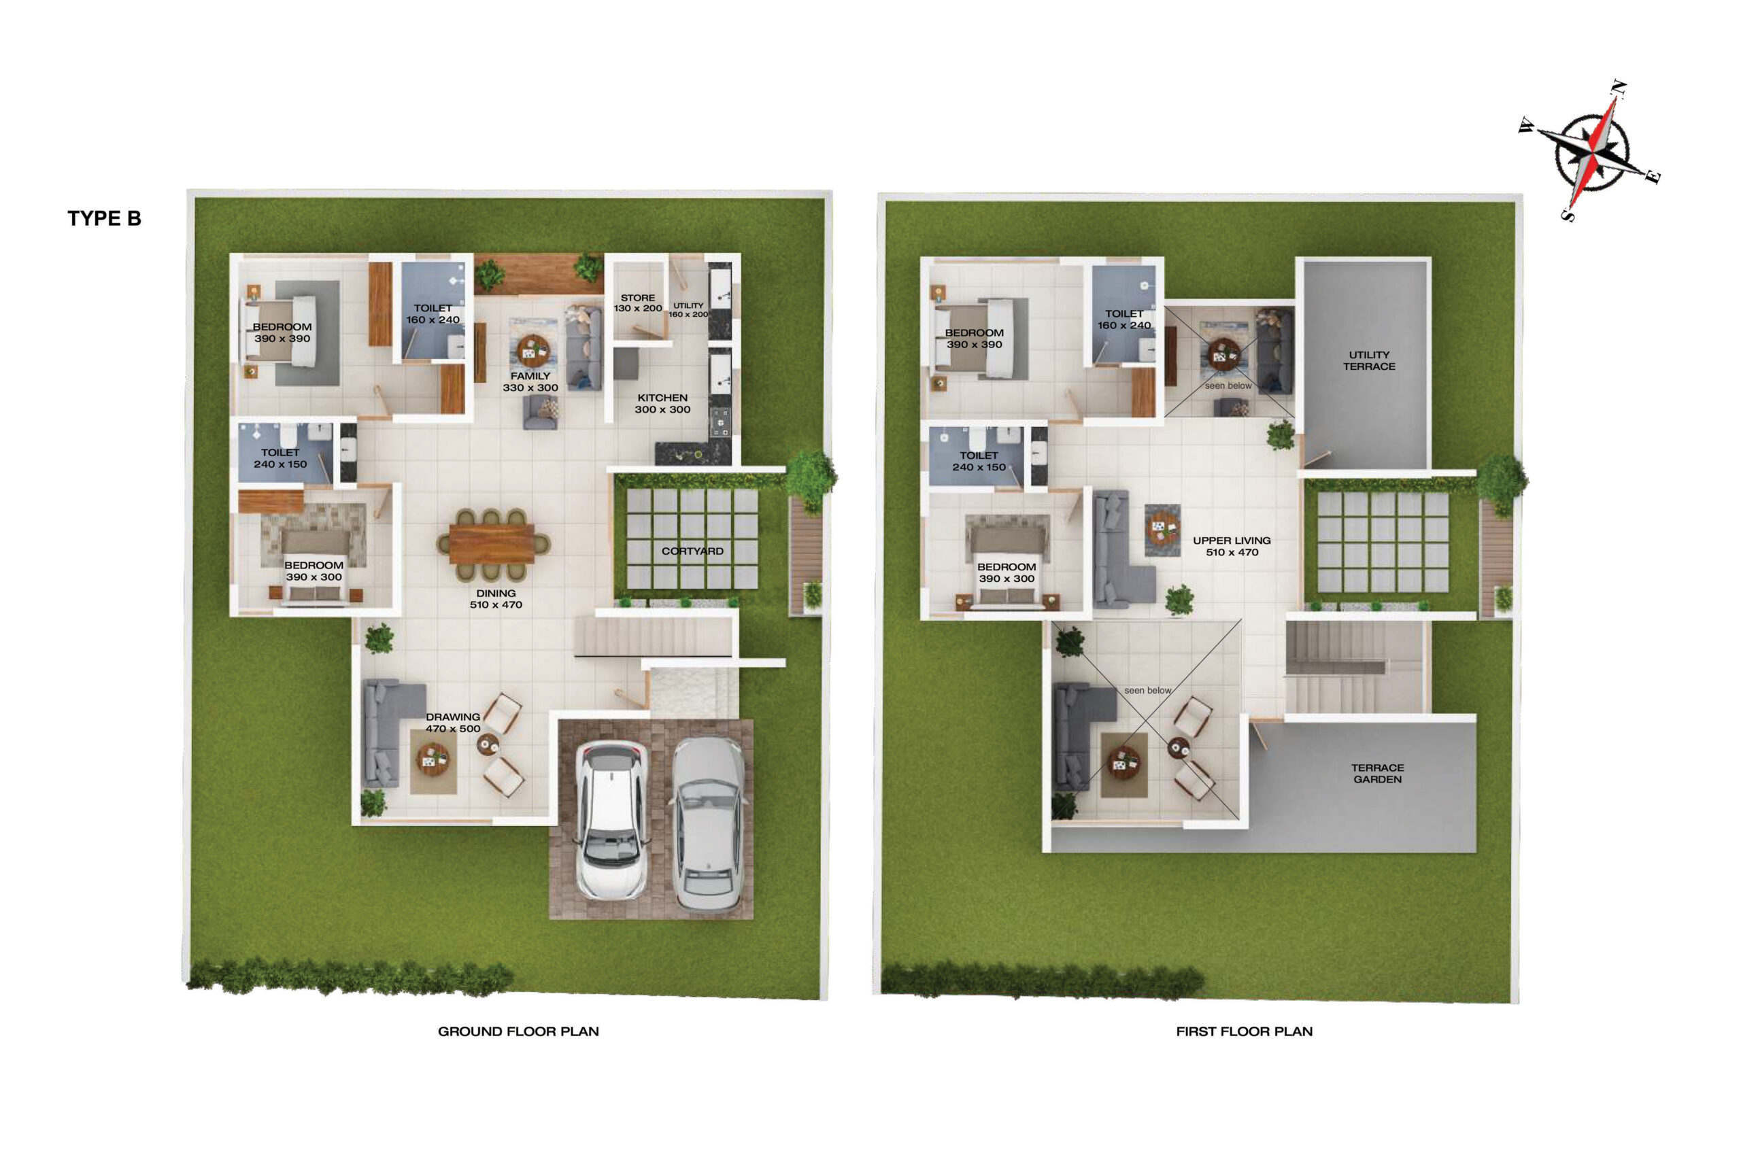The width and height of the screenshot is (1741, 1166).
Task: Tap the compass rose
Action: [1591, 152]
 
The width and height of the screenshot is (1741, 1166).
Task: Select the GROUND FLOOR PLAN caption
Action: [518, 1031]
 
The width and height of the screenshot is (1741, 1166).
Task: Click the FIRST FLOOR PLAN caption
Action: [1245, 1031]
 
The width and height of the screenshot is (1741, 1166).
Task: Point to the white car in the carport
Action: [612, 819]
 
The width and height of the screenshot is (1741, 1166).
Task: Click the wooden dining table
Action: [492, 544]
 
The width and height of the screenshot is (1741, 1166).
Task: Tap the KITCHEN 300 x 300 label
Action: [662, 404]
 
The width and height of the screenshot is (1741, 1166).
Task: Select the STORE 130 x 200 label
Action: [637, 303]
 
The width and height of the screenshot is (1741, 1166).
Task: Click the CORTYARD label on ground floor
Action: [692, 551]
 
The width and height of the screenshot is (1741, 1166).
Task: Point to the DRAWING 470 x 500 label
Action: [453, 723]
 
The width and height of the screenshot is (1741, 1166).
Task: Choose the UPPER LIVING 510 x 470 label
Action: [1232, 547]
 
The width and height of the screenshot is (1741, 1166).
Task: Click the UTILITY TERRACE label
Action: [1369, 360]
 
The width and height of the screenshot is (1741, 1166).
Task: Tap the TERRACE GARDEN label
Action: [1377, 774]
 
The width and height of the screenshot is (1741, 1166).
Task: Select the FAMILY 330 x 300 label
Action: [530, 381]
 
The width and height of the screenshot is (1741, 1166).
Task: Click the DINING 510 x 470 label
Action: [496, 598]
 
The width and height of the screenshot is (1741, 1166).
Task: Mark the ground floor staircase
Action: [653, 637]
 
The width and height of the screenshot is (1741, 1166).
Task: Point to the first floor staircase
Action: [1353, 668]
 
